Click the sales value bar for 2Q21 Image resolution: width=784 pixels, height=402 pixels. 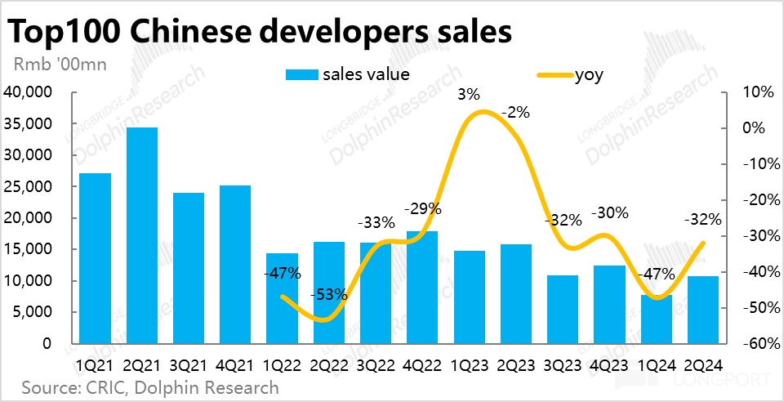click(x=141, y=235)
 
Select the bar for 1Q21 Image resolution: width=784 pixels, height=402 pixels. click(x=95, y=258)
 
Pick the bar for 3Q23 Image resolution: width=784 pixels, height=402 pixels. click(x=563, y=310)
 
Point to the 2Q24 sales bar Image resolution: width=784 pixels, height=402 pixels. click(x=703, y=310)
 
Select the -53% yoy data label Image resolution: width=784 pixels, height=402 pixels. click(x=330, y=294)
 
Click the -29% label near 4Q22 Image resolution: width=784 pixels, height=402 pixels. click(x=423, y=209)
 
